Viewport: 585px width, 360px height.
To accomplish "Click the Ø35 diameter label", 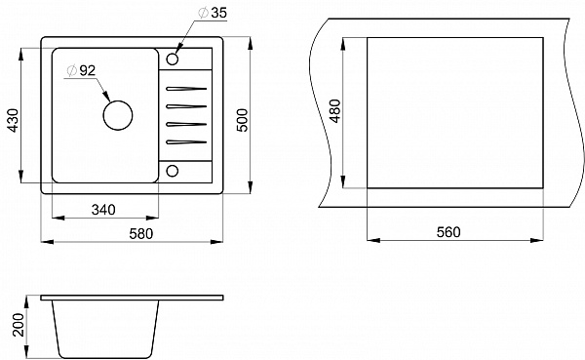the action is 213,13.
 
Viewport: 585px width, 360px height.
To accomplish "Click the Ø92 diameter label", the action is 81,70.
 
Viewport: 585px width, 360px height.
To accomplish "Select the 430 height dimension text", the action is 13,120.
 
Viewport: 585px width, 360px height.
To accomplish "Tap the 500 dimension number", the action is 242,120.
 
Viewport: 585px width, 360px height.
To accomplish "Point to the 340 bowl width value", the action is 103,210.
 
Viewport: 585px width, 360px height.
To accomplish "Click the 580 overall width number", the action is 141,234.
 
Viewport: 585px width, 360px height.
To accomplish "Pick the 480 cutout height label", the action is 335,111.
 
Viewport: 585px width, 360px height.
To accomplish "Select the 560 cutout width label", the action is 448,232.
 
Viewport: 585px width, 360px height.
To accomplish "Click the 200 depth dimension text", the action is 19,325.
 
